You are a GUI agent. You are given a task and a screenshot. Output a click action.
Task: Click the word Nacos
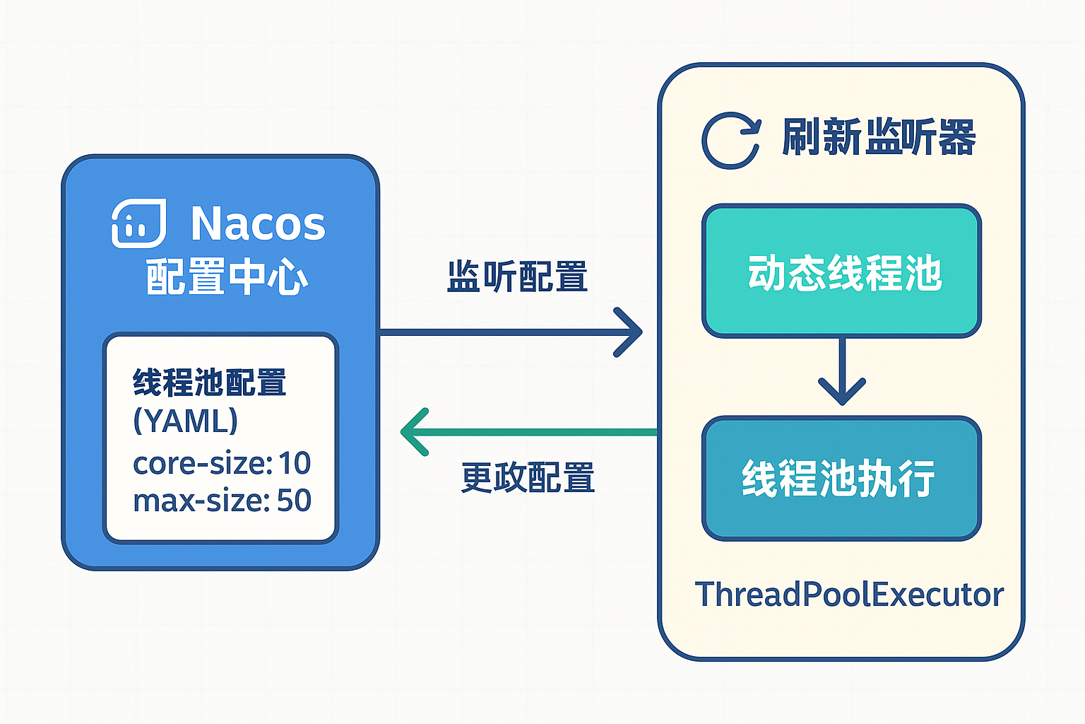(258, 223)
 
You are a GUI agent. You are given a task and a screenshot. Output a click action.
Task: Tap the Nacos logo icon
(139, 223)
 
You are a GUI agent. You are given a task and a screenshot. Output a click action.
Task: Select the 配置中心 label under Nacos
(227, 276)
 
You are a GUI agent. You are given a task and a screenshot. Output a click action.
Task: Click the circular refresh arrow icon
(731, 141)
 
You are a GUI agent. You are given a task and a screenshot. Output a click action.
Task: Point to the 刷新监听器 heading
(879, 137)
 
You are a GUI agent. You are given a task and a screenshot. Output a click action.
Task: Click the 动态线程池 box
(842, 271)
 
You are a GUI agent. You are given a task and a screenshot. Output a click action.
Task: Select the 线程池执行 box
(842, 478)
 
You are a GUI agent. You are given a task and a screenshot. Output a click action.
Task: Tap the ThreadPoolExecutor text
(849, 594)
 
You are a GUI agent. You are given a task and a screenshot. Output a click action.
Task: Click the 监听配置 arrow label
(517, 276)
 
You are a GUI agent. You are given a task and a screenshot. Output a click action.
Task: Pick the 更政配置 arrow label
(528, 477)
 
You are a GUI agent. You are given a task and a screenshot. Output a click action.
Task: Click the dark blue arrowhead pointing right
(628, 332)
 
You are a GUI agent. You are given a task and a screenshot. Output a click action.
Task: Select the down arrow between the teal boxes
(842, 371)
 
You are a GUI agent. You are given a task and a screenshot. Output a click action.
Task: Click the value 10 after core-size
(295, 463)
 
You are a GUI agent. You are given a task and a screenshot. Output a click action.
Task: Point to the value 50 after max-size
(294, 500)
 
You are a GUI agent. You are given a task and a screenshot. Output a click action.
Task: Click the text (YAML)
(186, 421)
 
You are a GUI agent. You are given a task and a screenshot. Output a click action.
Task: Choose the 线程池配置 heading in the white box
(209, 383)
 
